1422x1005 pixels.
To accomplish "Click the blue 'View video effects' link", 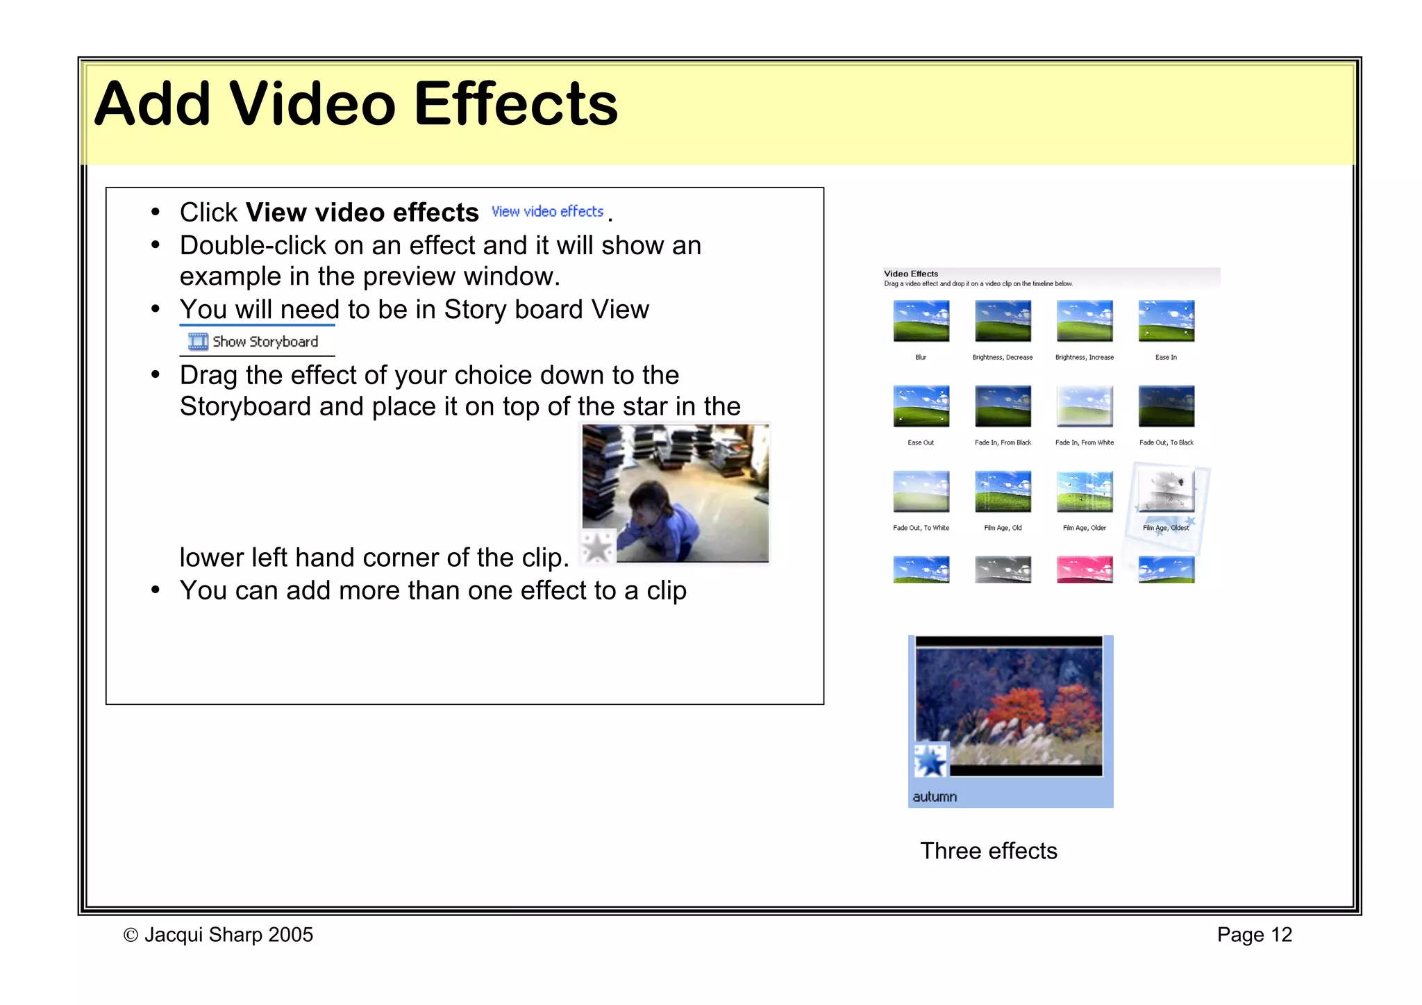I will coord(547,211).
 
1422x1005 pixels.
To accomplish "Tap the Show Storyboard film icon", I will coord(198,342).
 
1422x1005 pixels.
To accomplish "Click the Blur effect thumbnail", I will coord(921,321).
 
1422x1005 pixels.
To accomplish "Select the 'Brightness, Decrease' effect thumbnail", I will coord(1003,321).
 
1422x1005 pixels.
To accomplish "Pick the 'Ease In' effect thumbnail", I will coord(1166,321).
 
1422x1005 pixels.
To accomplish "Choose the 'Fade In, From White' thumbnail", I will coord(1084,406).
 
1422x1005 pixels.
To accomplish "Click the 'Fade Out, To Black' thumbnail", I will coord(1166,406).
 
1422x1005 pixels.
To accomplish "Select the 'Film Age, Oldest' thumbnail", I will coord(1166,491).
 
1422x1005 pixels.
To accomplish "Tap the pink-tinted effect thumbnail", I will coord(1084,570).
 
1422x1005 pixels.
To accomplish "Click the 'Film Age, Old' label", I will coord(1003,528).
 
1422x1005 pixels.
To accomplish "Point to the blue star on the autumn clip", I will coord(930,761).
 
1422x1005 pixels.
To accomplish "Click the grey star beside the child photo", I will coord(597,547).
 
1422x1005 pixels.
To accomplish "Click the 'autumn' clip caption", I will coord(935,797).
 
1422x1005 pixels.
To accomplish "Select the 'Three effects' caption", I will coord(988,851).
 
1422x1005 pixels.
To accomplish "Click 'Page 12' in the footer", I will coord(1254,935).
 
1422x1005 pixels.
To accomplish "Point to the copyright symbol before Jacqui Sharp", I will coord(130,936).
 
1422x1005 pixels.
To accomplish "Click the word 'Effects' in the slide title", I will coord(515,104).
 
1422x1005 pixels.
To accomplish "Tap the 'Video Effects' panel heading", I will coord(911,274).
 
